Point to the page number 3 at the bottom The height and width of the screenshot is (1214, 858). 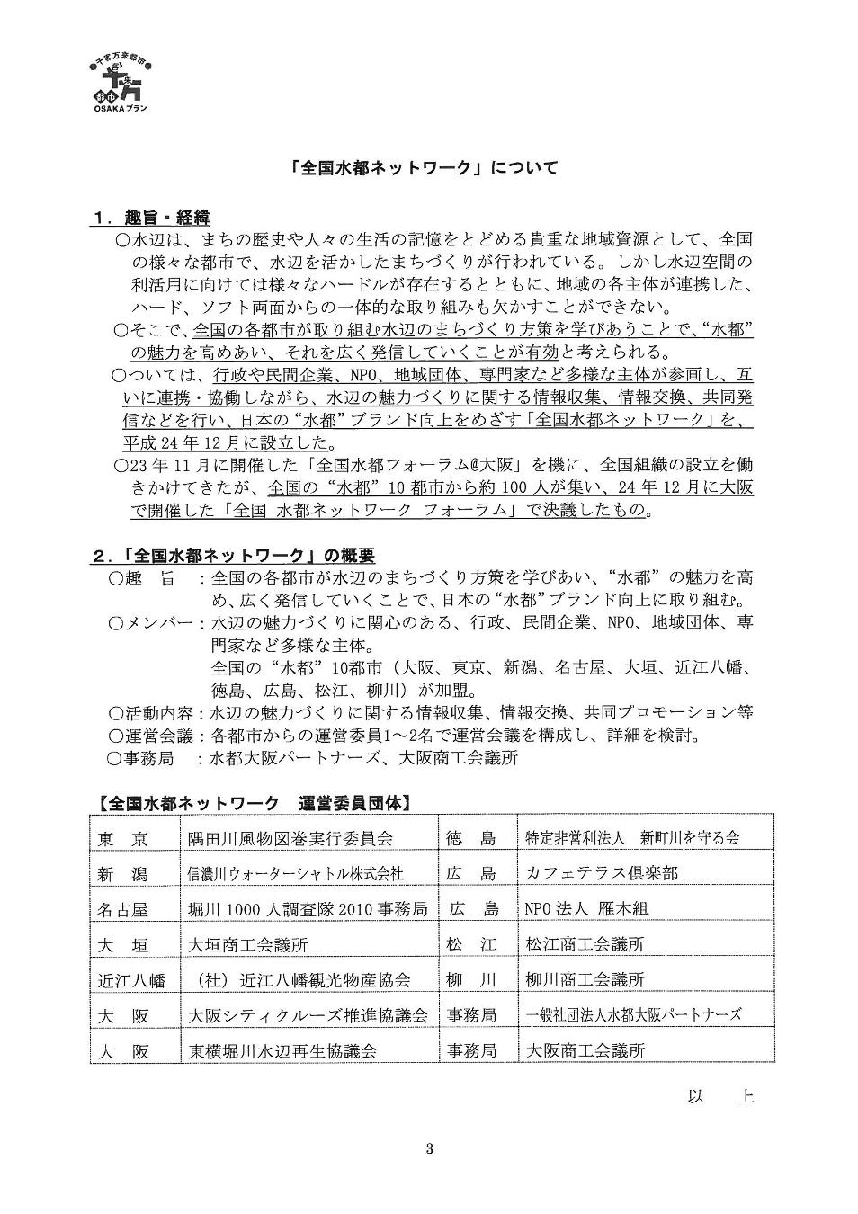430,1148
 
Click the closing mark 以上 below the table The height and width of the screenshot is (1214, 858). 719,1096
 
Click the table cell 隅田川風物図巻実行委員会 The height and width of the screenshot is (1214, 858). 290,838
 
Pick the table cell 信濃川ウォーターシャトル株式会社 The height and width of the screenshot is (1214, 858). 295,873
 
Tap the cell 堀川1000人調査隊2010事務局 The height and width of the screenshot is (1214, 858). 307,909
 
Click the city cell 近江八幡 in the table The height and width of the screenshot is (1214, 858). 131,979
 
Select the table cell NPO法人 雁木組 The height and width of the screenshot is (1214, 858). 586,909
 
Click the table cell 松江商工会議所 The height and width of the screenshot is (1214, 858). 585,944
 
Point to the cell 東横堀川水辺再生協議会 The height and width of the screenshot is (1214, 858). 282,1050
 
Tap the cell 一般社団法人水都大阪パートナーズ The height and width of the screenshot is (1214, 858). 634,1014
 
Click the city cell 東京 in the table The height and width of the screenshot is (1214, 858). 122,838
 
